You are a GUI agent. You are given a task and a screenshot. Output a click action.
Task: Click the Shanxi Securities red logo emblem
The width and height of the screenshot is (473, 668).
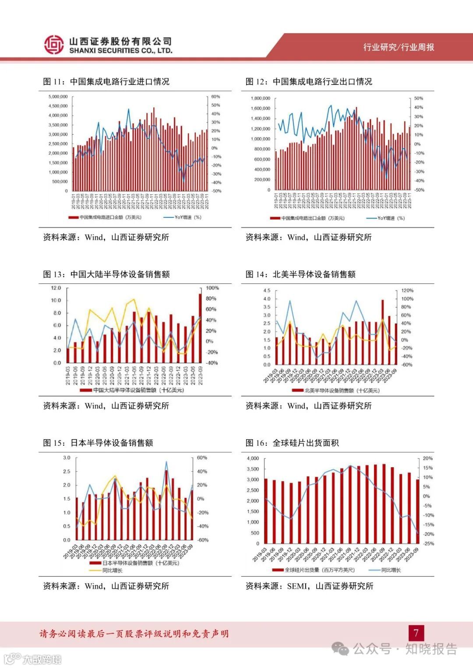[54, 45]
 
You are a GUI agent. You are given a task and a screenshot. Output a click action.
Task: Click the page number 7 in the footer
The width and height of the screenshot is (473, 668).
[416, 633]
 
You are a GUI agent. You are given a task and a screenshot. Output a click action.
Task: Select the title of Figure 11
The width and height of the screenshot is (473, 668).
[106, 81]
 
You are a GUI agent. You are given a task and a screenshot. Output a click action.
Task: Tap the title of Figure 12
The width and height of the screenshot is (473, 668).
[309, 81]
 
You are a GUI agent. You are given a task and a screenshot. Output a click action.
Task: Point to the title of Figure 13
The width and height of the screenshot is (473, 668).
[106, 274]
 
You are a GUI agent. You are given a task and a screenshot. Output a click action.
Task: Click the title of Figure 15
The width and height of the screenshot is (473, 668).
[98, 443]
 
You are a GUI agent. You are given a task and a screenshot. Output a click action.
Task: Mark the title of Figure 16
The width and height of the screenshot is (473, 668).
[292, 443]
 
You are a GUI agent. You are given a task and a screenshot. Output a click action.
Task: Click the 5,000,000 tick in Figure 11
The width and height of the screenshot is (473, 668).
[58, 97]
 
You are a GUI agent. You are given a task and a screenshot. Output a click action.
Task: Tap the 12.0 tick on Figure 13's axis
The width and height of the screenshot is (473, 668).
[56, 288]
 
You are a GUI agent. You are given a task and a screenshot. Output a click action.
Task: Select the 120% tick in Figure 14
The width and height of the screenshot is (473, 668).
[407, 290]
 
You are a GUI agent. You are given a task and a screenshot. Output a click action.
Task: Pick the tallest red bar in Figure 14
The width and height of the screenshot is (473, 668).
[383, 332]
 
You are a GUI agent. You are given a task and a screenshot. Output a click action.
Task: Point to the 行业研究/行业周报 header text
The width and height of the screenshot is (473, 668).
[399, 47]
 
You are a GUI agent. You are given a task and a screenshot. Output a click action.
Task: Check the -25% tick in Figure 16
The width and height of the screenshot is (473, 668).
[428, 544]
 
